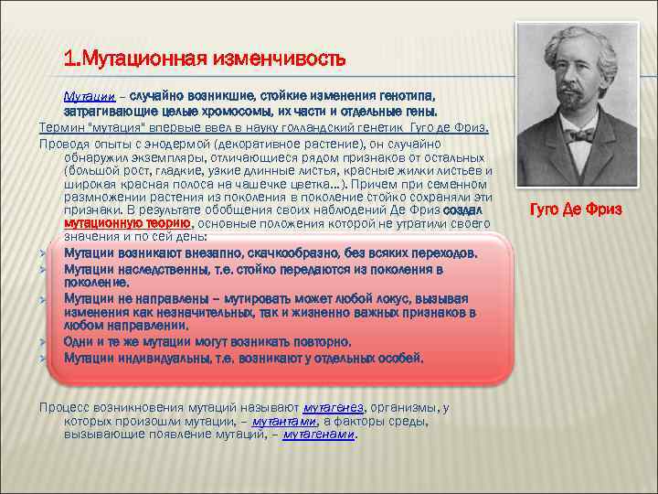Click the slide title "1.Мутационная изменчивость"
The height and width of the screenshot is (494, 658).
point(205,60)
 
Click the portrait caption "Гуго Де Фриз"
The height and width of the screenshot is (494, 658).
point(576,209)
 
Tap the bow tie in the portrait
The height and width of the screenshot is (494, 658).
point(577,135)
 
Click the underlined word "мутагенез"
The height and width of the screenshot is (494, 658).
point(334,407)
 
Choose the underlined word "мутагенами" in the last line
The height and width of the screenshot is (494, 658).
point(319,435)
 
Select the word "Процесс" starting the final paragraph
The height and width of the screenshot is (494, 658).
point(63,407)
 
